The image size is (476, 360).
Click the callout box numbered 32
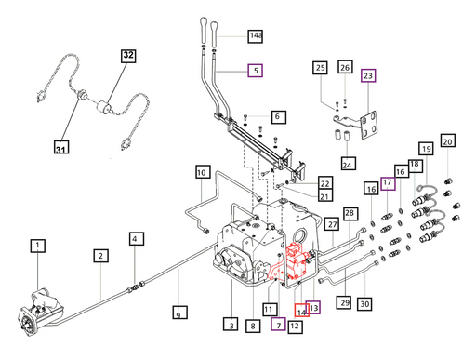click(128, 56)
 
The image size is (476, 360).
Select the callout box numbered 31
click(61, 147)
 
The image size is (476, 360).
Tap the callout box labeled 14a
click(256, 36)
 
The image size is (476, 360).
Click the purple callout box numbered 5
click(256, 71)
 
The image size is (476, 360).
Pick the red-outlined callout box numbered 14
click(302, 310)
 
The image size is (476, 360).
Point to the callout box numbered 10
click(203, 172)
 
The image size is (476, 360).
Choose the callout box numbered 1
click(38, 246)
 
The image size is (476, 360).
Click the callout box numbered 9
click(180, 313)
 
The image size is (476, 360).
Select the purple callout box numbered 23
click(368, 75)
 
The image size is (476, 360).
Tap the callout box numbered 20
click(448, 140)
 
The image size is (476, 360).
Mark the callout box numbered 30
click(364, 304)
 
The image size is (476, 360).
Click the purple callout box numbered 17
click(388, 183)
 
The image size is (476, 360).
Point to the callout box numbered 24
click(347, 164)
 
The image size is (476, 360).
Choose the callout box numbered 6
click(279, 117)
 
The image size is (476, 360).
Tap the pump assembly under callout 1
click(40, 310)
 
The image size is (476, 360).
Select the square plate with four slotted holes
click(369, 125)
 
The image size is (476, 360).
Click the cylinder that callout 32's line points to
click(104, 107)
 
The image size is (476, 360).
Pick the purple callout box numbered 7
click(278, 324)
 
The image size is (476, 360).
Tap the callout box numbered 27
click(332, 224)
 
